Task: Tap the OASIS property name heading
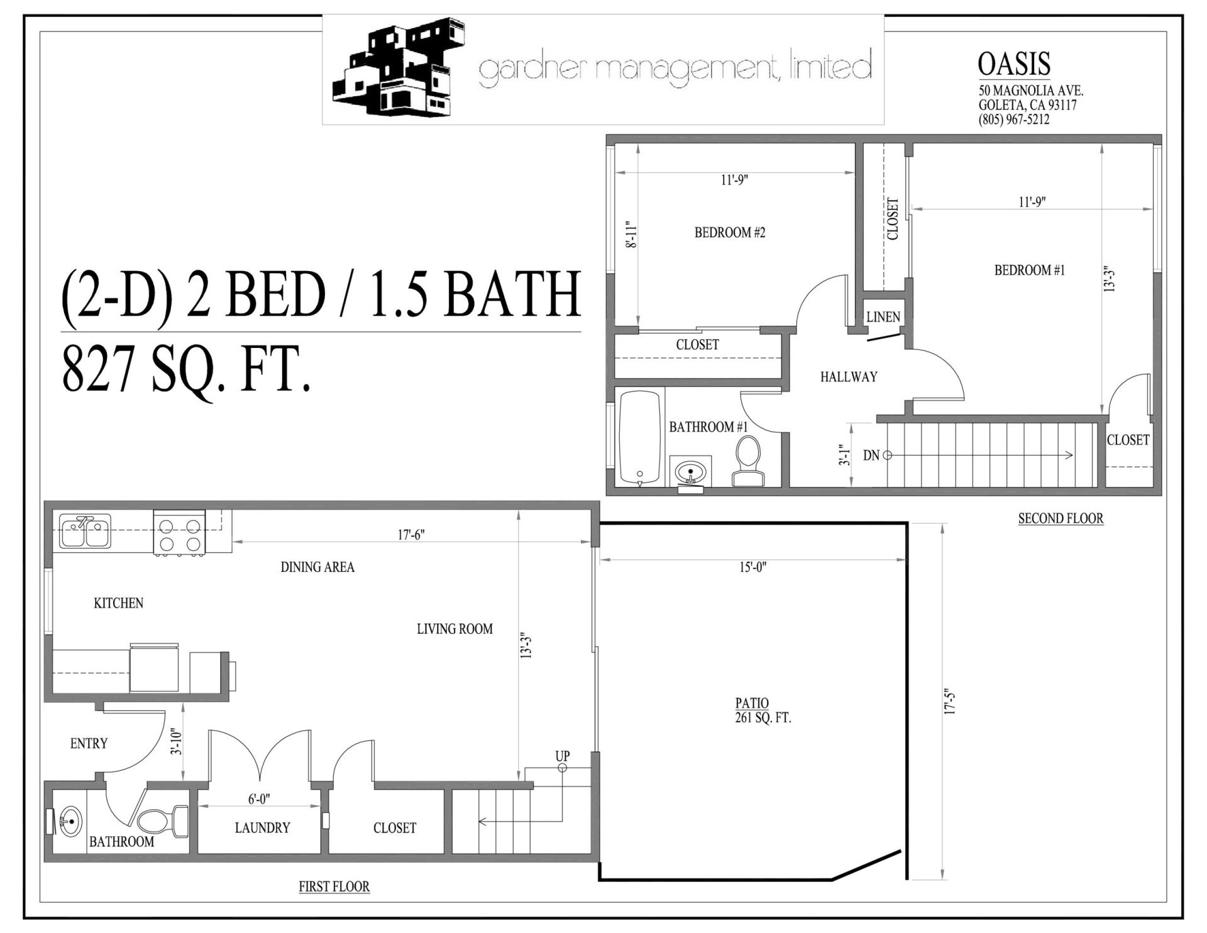point(1014,64)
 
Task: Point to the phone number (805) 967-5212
point(1013,119)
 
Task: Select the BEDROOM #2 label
point(729,233)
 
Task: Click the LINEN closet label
point(883,317)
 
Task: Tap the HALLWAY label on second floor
point(848,377)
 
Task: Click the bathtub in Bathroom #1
point(639,438)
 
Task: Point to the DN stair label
point(871,455)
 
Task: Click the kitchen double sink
point(85,530)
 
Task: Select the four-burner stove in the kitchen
point(180,534)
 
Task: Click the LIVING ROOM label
point(455,629)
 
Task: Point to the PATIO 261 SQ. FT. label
point(763,710)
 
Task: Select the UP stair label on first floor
point(562,756)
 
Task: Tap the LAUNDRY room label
point(262,828)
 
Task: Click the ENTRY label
point(89,744)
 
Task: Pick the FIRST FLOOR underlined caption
point(334,886)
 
